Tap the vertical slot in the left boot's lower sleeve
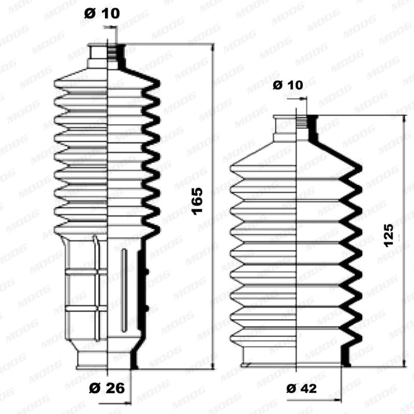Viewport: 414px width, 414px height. pyautogui.click(x=123, y=290)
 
